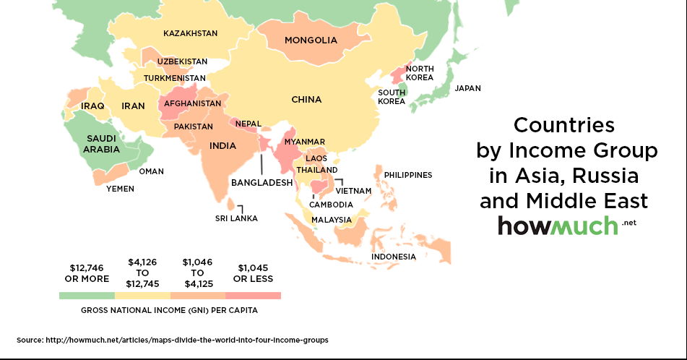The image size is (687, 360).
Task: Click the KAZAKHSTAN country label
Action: pos(190,33)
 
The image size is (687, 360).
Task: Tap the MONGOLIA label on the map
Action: pos(311,40)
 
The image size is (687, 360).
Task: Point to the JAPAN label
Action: pos(467,88)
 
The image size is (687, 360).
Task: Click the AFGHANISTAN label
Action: pos(192,103)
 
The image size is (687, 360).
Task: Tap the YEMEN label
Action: pos(120,189)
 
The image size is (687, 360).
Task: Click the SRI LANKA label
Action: pos(236,218)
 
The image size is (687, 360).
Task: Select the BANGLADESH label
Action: pos(262,183)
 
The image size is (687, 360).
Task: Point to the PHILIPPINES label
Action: pos(407,175)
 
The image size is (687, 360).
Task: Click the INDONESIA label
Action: pos(393,257)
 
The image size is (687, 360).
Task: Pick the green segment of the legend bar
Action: pos(87,296)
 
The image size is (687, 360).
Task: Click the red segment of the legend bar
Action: pos(253,296)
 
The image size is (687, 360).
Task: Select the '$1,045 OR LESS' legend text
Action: pos(252,273)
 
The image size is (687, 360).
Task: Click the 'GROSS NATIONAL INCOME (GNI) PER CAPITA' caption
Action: pos(169,310)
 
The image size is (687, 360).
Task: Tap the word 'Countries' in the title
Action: pos(563,125)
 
